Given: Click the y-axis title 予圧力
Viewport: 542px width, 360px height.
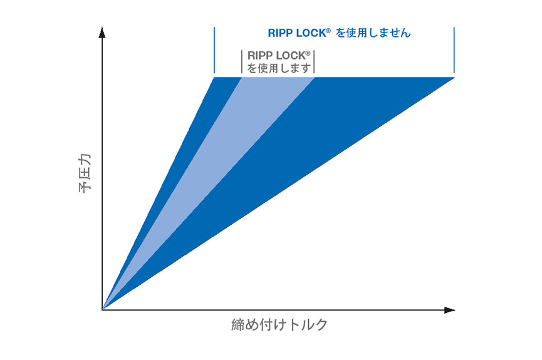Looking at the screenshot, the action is pos(85,173).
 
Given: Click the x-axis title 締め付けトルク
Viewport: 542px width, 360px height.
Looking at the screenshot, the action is pos(279,325).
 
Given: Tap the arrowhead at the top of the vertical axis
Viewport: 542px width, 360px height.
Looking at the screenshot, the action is pos(102,32).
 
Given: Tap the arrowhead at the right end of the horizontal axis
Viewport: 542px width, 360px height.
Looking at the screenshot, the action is pos(449,310).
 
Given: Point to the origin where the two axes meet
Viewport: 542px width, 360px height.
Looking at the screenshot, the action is pos(102,309).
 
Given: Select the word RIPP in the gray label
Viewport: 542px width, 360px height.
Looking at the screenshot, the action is pos(260,56).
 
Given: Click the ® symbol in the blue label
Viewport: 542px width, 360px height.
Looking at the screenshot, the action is pos(328,31).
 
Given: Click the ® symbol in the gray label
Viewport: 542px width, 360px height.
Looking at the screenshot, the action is pos(308,53).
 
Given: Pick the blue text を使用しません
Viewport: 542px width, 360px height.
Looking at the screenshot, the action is pos(373,33).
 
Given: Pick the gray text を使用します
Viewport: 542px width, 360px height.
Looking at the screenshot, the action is pos(279,68).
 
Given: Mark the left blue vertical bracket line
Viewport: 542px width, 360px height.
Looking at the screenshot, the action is pos(214,50).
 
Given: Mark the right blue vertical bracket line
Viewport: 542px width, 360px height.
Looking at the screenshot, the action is pos(454,50).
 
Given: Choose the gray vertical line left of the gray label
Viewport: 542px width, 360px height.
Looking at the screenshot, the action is pos(242,62).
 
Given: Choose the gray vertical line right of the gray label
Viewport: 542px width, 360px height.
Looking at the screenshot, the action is pos(314,62).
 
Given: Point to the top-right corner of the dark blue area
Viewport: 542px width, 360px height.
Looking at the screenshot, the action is pos(454,78).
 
